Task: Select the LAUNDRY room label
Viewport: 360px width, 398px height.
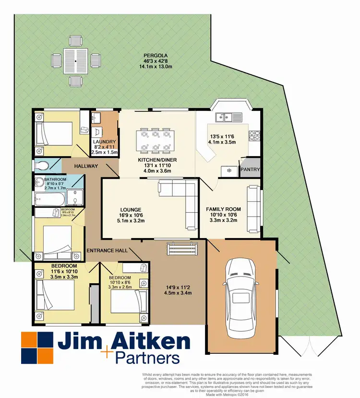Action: tap(105, 142)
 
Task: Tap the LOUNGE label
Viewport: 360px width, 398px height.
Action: tap(131, 210)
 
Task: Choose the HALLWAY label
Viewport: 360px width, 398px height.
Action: tap(86, 166)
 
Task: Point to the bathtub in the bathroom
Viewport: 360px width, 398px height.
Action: tap(49, 197)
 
